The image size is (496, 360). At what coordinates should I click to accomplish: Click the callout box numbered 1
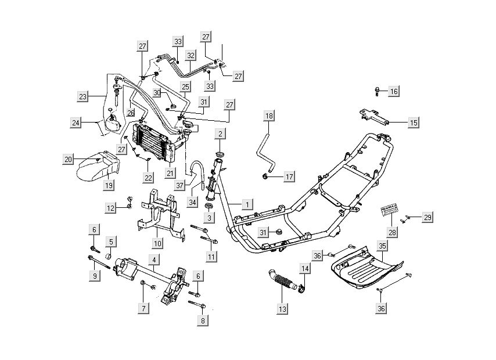coord(247,204)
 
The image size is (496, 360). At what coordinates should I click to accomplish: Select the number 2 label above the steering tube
coord(220,134)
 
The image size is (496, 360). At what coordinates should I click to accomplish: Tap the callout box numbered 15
coord(413,123)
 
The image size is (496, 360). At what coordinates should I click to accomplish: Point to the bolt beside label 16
coord(378,91)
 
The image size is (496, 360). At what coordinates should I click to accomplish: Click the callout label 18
coord(269,116)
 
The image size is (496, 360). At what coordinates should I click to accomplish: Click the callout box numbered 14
coord(305,268)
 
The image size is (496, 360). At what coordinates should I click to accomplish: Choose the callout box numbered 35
coord(382,246)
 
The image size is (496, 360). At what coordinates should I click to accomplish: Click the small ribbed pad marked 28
coord(390,212)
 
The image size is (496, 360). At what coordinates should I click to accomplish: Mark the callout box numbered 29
coord(427,217)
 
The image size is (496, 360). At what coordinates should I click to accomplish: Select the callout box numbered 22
coord(149,177)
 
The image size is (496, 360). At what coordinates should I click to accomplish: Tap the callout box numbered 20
coord(69,159)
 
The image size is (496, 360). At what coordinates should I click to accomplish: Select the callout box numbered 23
coord(83,96)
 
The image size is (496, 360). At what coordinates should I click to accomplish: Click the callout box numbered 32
coord(190,56)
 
